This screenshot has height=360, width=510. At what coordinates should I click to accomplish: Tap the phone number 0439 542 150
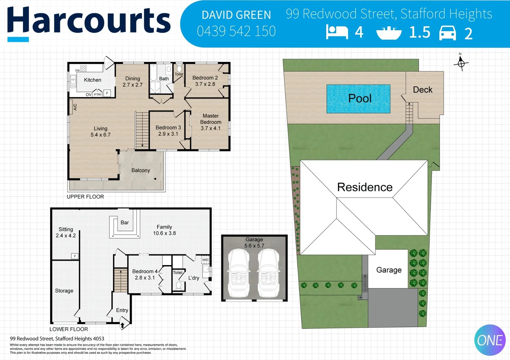click(236, 31)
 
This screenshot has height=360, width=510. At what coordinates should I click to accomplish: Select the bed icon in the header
click(337, 32)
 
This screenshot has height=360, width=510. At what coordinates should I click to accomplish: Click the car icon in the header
click(447, 33)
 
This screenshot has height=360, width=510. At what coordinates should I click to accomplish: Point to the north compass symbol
click(461, 63)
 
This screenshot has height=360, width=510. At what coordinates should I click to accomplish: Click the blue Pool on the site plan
click(358, 99)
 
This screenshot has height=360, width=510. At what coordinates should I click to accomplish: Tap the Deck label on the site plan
click(422, 90)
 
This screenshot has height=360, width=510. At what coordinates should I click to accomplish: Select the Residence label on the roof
click(365, 187)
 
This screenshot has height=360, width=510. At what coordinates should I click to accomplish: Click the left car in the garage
click(238, 273)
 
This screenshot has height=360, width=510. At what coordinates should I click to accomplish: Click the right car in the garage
click(269, 273)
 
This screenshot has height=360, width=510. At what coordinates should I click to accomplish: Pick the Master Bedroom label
click(210, 119)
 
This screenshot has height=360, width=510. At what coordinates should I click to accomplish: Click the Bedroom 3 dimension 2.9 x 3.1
click(168, 134)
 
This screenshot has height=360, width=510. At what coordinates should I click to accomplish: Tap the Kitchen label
click(92, 80)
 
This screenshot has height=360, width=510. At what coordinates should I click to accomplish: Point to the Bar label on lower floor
click(125, 223)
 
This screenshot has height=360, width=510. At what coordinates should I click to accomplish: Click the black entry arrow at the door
click(122, 325)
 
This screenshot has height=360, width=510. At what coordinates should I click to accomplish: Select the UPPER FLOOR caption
click(85, 197)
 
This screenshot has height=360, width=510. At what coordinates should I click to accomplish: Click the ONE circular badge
click(490, 340)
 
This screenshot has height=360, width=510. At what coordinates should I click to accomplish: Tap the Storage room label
click(64, 291)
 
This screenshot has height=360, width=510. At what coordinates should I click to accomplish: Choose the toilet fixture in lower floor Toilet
click(178, 286)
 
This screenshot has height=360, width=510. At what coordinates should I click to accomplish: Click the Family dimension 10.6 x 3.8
click(164, 233)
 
